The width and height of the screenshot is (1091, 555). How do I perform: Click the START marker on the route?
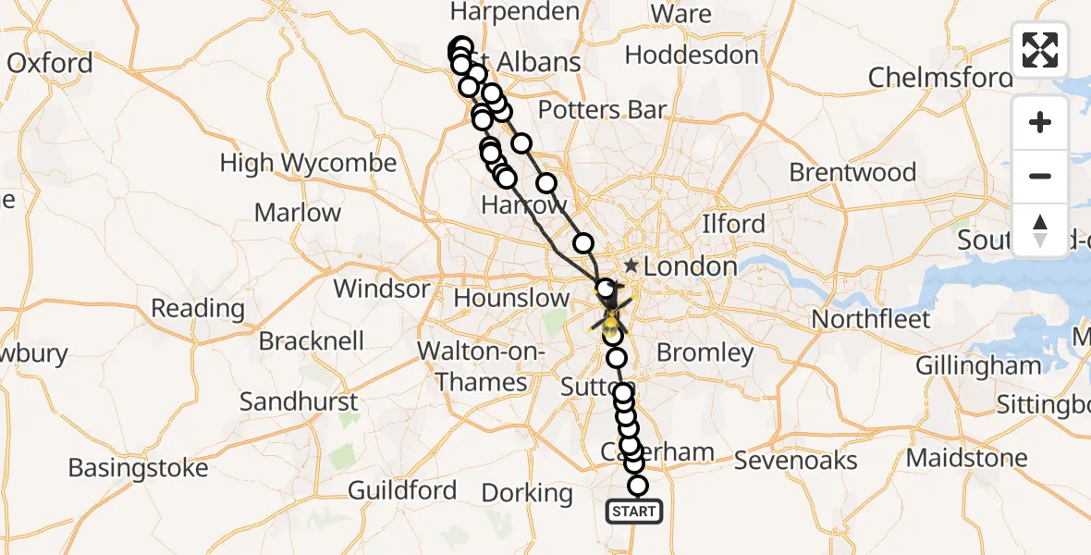pos(634,512)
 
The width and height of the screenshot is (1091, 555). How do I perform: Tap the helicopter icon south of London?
pos(611,320)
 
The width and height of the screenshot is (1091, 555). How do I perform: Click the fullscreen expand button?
pos(1039,50)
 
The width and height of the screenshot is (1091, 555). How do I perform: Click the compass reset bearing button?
pos(1039,230)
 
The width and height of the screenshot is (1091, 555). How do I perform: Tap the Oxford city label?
pos(50,63)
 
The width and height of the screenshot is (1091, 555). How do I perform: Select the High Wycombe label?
pos(308,164)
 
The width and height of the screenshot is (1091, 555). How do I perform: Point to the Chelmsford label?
pos(939,77)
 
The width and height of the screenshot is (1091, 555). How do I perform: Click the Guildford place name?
pos(402,490)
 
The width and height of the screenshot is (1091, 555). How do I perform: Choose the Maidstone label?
pos(966,458)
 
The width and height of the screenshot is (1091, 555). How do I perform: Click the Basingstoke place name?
pos(139,468)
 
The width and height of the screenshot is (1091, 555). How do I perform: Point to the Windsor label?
pos(381,289)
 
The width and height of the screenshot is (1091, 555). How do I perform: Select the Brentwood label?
pos(852,173)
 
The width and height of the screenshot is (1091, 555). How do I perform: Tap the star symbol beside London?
pos(631,265)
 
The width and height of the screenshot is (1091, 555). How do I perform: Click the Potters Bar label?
pos(602,110)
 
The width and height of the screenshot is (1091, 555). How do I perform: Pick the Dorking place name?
pos(527,493)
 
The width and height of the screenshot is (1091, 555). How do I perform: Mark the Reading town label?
pos(197,308)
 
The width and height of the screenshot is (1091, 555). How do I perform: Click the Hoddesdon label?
pos(691,55)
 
